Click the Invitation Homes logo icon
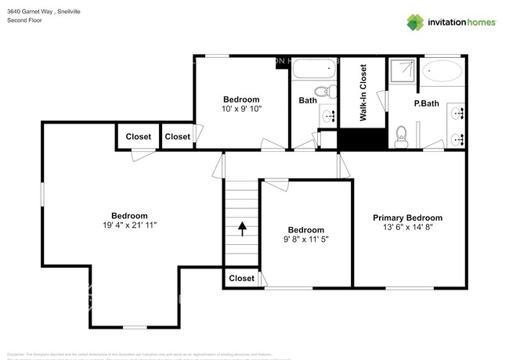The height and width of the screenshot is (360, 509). (414, 22)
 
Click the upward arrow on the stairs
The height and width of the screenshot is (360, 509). (241, 229)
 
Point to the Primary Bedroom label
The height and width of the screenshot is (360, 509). (407, 218)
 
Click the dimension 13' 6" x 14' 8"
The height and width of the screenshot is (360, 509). (407, 227)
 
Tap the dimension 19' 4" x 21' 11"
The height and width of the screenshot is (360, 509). (129, 225)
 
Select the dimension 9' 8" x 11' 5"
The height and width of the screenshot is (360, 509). (305, 239)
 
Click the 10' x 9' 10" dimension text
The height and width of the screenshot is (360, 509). (241, 110)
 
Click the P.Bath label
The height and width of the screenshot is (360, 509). (426, 103)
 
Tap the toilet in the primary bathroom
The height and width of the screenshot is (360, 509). (402, 138)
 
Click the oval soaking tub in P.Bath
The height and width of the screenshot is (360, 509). (443, 72)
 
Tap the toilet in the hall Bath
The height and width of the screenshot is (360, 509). (332, 92)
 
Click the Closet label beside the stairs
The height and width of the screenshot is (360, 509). (241, 278)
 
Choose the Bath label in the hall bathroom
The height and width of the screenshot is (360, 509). (308, 100)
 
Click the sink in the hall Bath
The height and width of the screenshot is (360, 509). (330, 117)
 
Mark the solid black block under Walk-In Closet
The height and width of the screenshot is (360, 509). (363, 139)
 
